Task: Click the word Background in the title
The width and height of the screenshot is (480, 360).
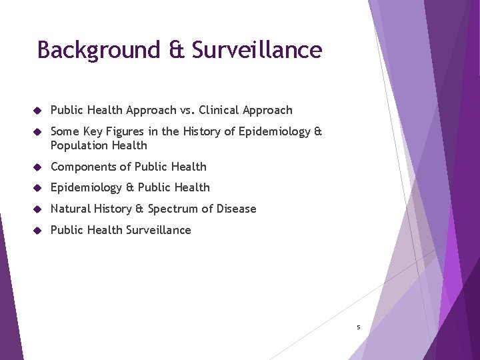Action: (99, 51)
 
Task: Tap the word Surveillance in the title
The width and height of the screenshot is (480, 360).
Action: (257, 51)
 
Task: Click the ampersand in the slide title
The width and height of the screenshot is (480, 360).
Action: (177, 51)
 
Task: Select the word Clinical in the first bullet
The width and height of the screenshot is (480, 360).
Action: (220, 110)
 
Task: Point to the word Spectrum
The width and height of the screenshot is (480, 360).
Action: (175, 209)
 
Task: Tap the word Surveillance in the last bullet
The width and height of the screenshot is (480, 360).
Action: (159, 230)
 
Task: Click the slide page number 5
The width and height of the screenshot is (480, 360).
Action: (358, 327)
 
